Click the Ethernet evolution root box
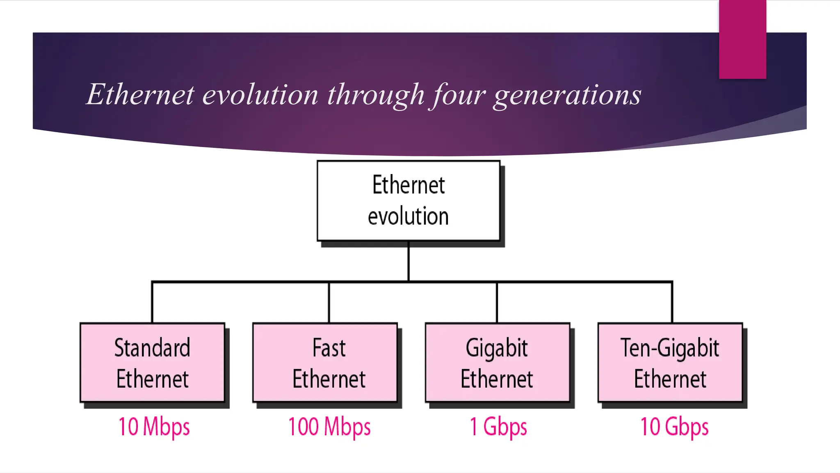409,200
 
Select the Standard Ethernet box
152,363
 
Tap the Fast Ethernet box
325,363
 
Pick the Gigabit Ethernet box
498,363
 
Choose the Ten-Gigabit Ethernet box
670,363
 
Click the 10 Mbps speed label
154,427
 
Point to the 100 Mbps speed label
329,427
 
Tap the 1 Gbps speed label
498,427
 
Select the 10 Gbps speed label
674,427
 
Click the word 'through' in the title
375,95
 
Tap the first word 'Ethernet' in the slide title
140,94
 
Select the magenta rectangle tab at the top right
742,39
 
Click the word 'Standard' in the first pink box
152,348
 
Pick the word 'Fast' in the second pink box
329,348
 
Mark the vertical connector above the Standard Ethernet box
152,303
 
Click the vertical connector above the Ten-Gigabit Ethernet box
672,303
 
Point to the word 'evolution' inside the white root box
408,216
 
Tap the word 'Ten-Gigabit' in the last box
670,348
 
